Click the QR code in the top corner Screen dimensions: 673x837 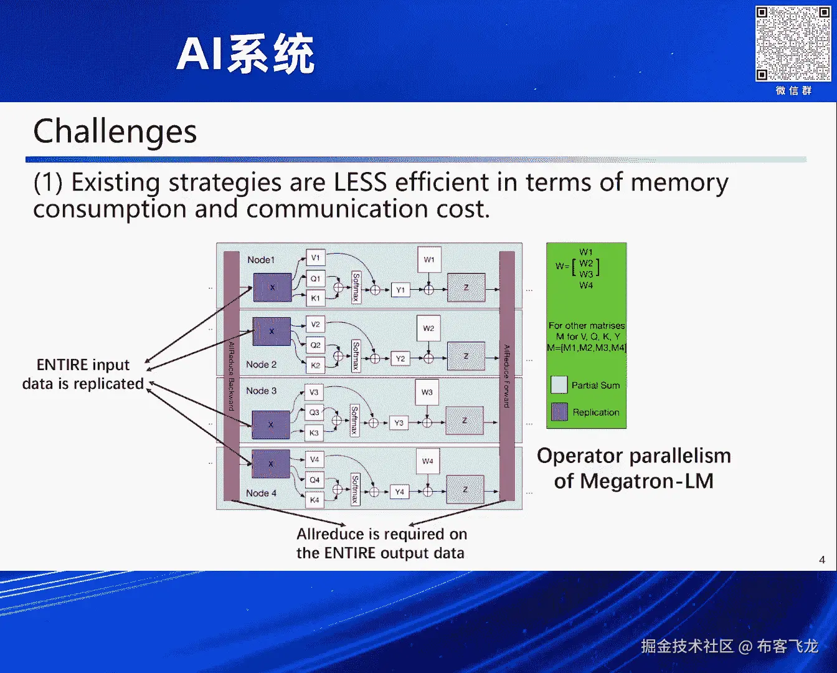coord(793,44)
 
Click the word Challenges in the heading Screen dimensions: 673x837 coord(115,132)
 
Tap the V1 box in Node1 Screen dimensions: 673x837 coord(315,258)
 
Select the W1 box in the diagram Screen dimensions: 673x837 coord(429,260)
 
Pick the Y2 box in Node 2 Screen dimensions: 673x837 coord(400,358)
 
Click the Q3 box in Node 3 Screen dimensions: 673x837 coord(314,413)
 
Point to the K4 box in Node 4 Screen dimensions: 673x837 coord(314,500)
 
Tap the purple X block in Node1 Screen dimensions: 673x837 coord(272,287)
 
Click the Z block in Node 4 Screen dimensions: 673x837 coord(465,490)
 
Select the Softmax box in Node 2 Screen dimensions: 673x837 coord(356,355)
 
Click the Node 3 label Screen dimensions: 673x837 coord(261,391)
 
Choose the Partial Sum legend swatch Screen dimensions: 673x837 coord(559,385)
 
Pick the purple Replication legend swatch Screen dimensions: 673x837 coord(559,412)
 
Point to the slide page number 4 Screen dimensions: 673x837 coord(822,560)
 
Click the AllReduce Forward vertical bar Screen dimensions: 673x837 coord(507,376)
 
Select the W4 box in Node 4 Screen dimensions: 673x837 coord(427,461)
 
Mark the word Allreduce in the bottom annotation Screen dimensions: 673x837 coord(330,534)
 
